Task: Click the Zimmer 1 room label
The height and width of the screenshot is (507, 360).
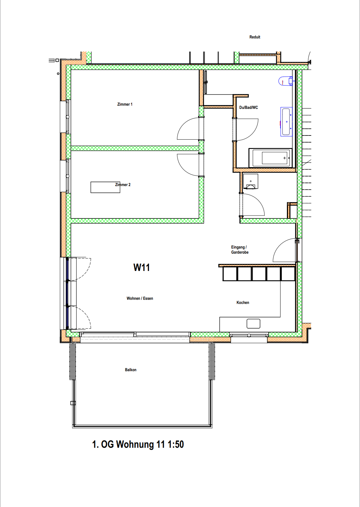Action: coord(125,104)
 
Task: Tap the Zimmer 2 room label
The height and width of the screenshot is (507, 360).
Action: coord(123,185)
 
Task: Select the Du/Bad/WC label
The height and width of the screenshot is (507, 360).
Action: coord(248,108)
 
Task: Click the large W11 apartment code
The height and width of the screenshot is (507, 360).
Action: coord(142,267)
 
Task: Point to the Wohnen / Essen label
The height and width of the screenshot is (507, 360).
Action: coord(140,298)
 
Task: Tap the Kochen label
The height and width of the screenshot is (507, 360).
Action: coord(243,303)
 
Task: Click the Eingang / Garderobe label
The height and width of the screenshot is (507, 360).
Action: coord(240,249)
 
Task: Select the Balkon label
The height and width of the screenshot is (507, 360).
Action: coord(131,370)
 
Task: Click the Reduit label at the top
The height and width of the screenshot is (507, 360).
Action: coord(255,37)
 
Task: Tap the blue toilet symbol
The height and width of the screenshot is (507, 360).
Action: coord(285,81)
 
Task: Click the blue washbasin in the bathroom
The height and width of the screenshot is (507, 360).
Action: coord(286,122)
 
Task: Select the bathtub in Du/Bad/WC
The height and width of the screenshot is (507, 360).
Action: coord(270,158)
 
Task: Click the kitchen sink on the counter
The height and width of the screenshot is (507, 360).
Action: coord(253,323)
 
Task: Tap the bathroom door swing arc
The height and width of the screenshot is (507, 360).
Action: coord(252,134)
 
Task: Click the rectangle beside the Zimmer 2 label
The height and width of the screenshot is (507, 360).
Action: coord(105,187)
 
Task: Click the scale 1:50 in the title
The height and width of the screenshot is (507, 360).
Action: coord(176,444)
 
